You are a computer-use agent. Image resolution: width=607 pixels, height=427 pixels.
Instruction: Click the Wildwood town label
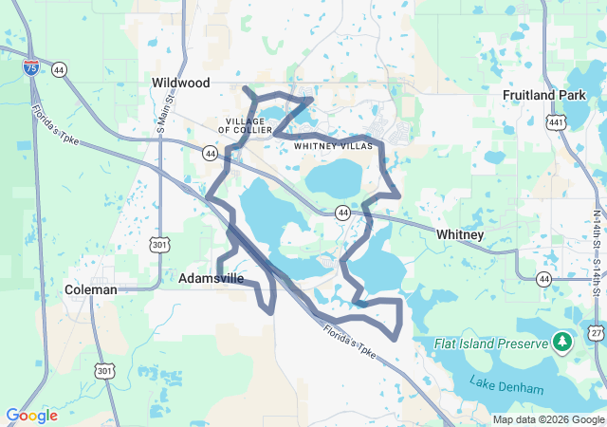[x=180, y=84]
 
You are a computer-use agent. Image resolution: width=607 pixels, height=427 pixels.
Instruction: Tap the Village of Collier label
[x=249, y=124]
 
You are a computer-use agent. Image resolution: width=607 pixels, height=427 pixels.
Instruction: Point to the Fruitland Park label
[x=542, y=96]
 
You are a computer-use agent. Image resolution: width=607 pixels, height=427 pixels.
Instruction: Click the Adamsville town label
[x=211, y=279]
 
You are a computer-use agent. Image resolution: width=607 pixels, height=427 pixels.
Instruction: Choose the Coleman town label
[x=91, y=289]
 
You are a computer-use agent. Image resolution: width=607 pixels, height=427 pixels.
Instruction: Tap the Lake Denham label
[x=506, y=388]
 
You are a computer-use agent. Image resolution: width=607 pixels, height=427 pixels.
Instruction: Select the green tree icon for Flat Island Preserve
[x=561, y=341]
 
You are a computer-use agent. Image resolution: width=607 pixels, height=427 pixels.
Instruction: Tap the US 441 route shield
[x=557, y=122]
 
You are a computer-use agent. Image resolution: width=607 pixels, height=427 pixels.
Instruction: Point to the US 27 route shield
[x=595, y=332]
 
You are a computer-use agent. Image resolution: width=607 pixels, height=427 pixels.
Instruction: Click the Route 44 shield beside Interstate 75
[x=60, y=69]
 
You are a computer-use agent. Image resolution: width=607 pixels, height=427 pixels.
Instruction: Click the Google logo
[x=31, y=416]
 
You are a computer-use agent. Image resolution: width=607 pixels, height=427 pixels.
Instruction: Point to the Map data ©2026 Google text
[x=547, y=419]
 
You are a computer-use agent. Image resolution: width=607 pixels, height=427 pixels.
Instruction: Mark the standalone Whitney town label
[x=460, y=234]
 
